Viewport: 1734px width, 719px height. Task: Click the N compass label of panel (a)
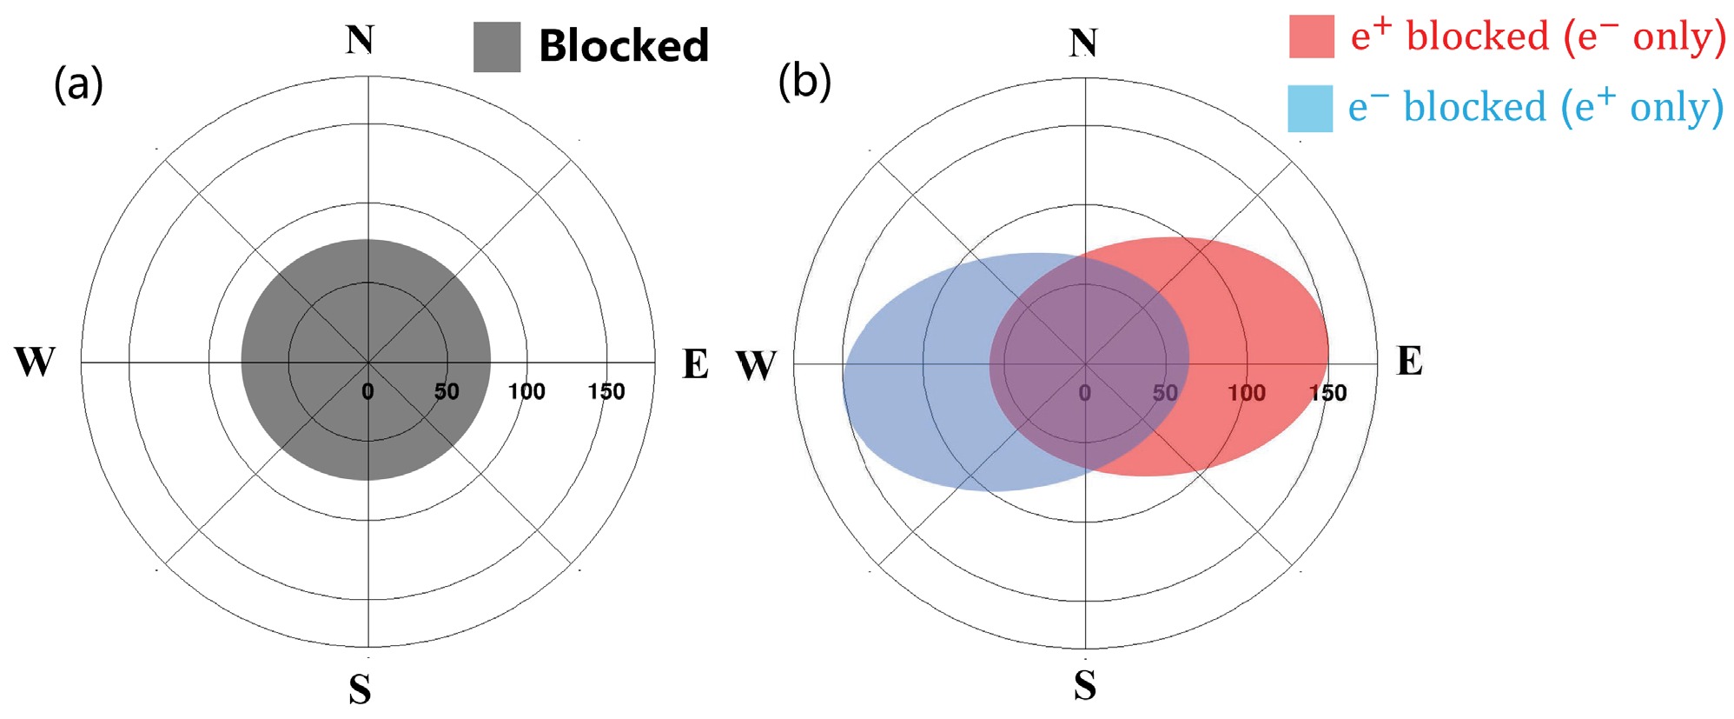coord(361,40)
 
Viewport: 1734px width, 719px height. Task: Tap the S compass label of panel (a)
coord(361,689)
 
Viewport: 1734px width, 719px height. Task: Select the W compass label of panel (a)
coord(35,362)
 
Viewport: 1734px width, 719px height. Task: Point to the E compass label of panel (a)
coord(695,364)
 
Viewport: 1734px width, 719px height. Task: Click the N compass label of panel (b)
coord(1083,43)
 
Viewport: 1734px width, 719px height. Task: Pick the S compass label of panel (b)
coord(1085,685)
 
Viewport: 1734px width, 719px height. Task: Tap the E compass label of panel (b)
coord(1409,361)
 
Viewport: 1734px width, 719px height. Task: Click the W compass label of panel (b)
coord(756,365)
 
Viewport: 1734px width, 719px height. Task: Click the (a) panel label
coord(78,84)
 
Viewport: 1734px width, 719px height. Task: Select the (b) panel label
coord(804,82)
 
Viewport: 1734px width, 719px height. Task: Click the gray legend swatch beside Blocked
coord(497,47)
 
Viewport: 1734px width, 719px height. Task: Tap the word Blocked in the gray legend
coord(624,45)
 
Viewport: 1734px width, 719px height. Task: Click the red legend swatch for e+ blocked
coord(1311,37)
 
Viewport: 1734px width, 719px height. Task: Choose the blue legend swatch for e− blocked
coord(1310,109)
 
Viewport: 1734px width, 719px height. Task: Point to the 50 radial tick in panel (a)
coord(447,391)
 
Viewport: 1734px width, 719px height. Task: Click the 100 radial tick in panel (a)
coord(526,391)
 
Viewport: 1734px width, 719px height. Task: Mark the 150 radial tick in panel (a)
coord(606,391)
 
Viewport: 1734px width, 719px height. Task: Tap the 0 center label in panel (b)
coord(1084,393)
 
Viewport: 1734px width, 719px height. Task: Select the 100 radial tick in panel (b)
coord(1246,393)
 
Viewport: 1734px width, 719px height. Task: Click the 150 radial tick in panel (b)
coord(1328,393)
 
